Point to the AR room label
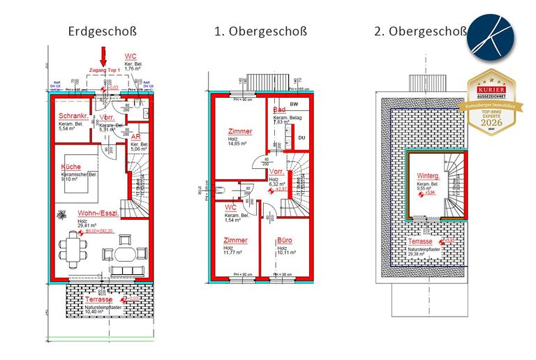136,137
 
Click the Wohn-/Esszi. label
97,213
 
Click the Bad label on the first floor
278,110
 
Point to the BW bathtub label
292,102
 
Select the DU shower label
301,137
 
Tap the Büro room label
284,240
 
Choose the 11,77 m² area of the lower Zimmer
226,253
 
